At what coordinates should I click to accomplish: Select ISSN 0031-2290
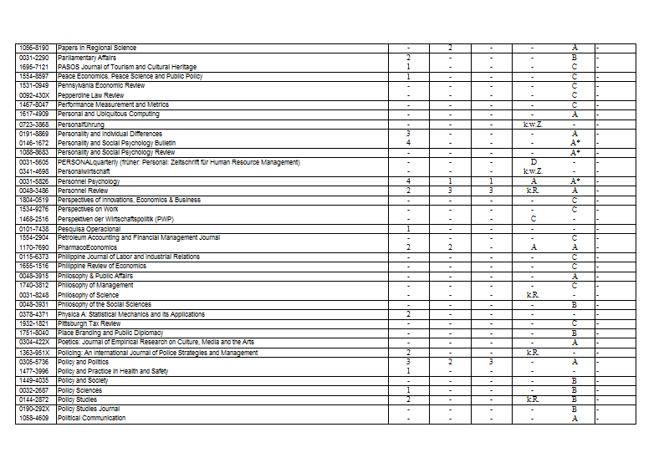pos(34,58)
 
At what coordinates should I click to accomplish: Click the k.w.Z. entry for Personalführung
pos(533,125)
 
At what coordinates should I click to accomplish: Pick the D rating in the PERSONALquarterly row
pos(533,162)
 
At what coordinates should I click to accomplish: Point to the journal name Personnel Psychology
pos(89,181)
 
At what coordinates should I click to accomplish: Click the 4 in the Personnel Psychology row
pos(407,181)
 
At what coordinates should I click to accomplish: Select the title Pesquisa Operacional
pos(89,228)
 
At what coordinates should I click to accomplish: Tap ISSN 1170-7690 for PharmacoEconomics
pos(34,247)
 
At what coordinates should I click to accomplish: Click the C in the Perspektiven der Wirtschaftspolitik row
pos(533,219)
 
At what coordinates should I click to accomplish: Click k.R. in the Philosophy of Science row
pos(533,295)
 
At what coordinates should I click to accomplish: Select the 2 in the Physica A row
pos(407,314)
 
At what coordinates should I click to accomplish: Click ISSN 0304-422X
pos(34,342)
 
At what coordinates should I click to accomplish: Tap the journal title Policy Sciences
pos(80,390)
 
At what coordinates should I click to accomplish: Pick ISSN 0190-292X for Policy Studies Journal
pos(34,409)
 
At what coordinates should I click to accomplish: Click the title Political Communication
pos(92,418)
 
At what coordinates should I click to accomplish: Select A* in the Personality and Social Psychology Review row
pos(575,153)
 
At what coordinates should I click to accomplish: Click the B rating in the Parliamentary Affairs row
pos(575,58)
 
